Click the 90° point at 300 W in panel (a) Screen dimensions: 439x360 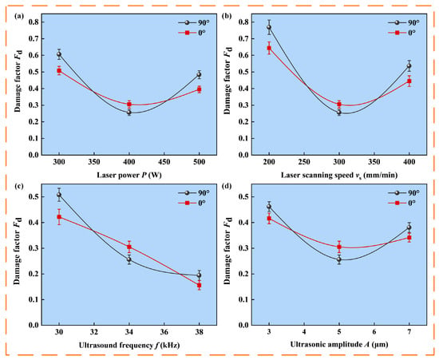pos(59,54)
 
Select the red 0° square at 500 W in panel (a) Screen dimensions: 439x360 pos(199,89)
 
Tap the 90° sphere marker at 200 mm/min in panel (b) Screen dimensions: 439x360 pos(269,27)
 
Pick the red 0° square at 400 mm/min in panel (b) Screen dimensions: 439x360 pos(409,81)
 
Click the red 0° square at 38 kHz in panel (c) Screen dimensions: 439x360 pos(199,286)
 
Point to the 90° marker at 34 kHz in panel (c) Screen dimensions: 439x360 pos(129,259)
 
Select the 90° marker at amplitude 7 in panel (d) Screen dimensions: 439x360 pos(409,227)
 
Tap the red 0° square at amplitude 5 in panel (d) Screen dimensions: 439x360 pos(339,247)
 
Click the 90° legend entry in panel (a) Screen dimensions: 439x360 pos(194,23)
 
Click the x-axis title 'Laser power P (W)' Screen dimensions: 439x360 pos(129,176)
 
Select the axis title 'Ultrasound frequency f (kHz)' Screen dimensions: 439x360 pos(129,345)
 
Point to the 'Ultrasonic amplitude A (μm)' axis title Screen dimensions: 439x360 pos(339,344)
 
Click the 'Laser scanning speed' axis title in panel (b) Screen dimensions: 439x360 pos(339,176)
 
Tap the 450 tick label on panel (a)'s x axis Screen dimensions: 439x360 pos(164,162)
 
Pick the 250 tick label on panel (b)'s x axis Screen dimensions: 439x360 pos(304,162)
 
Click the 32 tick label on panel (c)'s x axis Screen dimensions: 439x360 pos(94,332)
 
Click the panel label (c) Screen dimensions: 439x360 pos(18,186)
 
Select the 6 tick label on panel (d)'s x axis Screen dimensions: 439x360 pos(374,332)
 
